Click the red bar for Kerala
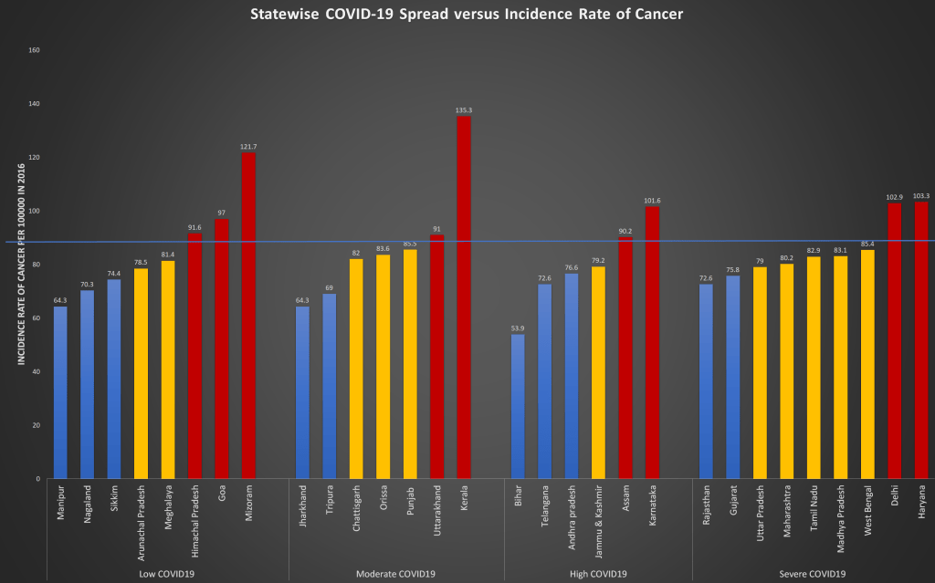[464, 297]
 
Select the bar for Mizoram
[249, 316]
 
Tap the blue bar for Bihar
[518, 406]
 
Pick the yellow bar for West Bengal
[868, 364]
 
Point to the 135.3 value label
[464, 110]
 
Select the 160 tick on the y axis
[35, 50]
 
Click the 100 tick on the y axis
[35, 211]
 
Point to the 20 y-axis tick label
[37, 425]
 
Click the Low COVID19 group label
[167, 574]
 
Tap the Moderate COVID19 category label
[396, 574]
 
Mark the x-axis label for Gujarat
[732, 503]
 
